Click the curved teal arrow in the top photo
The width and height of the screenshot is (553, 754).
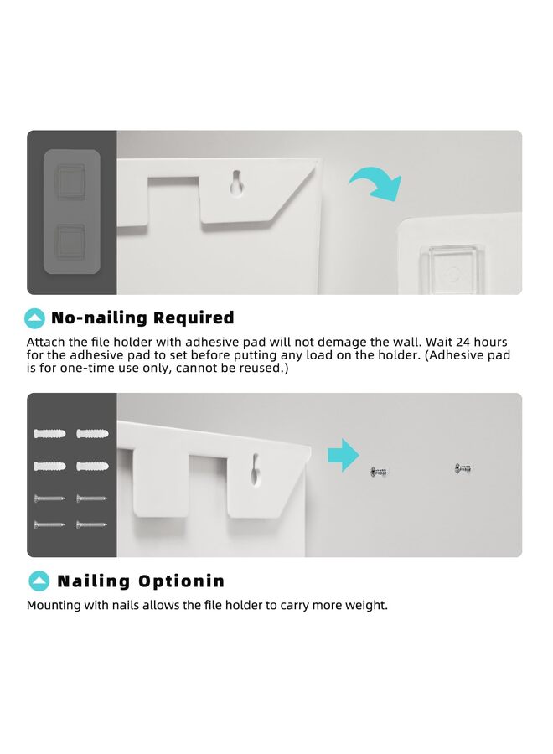pos(376,183)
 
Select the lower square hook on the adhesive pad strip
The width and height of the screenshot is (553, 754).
pos(70,240)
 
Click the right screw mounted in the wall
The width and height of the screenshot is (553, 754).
pos(463,468)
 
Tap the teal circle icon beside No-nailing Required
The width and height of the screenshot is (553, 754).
pos(35,318)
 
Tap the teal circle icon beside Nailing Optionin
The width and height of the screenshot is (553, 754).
pos(39,581)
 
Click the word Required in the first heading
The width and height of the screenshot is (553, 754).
pos(194,318)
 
